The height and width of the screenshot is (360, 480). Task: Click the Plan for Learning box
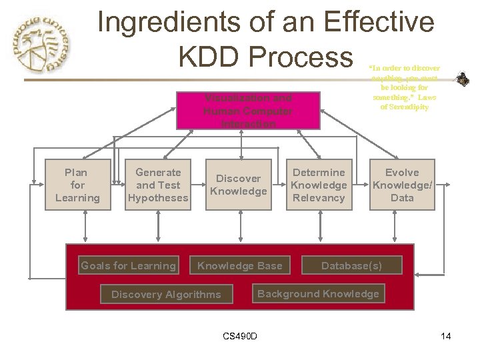point(77,185)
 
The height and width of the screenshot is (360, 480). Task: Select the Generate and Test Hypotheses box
point(158,185)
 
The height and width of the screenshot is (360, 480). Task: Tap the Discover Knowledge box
point(238,185)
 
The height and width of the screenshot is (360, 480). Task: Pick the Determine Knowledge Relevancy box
point(319,185)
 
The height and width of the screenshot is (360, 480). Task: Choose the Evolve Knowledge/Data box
point(402,185)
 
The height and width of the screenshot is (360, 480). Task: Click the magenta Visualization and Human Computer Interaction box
point(247,111)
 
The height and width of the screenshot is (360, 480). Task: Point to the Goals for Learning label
point(128,265)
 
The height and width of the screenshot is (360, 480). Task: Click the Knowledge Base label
point(239,265)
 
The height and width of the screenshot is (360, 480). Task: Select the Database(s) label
point(351,265)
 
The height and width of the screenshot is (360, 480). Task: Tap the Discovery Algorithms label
point(166,294)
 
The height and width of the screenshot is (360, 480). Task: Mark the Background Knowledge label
point(318,293)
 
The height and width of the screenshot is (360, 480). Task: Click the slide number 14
point(446,336)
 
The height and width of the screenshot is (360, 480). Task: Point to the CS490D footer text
point(239,336)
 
